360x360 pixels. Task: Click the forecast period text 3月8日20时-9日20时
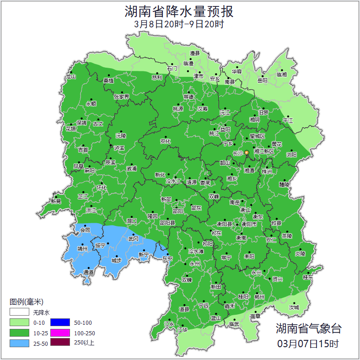tap(180, 24)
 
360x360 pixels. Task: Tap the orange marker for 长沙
tap(247, 152)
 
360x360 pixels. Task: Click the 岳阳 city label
tap(262, 81)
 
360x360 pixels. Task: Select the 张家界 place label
tap(121, 97)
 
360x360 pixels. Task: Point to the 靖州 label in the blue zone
tap(82, 249)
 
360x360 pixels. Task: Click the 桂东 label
tap(308, 277)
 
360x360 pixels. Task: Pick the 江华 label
tap(183, 329)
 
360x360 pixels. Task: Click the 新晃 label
tap(56, 201)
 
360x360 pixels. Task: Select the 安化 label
tap(165, 141)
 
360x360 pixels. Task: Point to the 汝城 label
tap(294, 307)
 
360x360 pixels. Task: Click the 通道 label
tap(88, 273)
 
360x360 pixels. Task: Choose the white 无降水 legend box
tap(19, 312)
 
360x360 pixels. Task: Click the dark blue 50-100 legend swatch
tap(60, 322)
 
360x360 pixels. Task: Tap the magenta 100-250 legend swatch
tap(60, 333)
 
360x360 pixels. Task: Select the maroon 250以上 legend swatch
tap(60, 343)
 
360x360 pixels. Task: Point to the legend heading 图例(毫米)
tap(26, 301)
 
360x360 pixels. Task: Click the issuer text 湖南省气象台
tap(308, 328)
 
